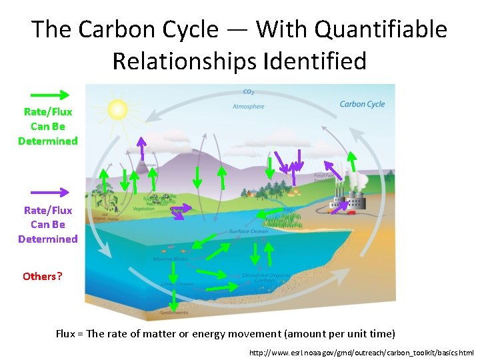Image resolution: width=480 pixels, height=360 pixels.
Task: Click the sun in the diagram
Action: click(117, 109)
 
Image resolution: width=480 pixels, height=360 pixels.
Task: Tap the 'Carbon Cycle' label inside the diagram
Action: click(362, 104)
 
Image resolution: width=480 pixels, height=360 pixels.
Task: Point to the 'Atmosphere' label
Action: click(248, 106)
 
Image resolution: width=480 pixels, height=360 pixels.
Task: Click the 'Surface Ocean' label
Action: click(249, 231)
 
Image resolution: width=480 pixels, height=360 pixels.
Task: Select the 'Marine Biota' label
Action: click(170, 259)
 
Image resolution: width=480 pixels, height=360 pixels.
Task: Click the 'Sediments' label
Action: click(173, 312)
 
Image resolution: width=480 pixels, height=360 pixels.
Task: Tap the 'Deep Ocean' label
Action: click(177, 284)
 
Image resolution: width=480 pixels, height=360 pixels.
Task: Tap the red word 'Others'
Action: click(39, 276)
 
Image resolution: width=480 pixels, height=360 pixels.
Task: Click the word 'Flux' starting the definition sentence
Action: click(65, 333)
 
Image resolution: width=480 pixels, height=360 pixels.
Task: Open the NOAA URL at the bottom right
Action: click(361, 352)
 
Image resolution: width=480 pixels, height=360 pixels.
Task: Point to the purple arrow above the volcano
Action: click(141, 147)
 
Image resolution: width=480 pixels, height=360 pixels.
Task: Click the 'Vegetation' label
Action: click(143, 209)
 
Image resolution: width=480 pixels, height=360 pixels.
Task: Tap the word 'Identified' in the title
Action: click(315, 61)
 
